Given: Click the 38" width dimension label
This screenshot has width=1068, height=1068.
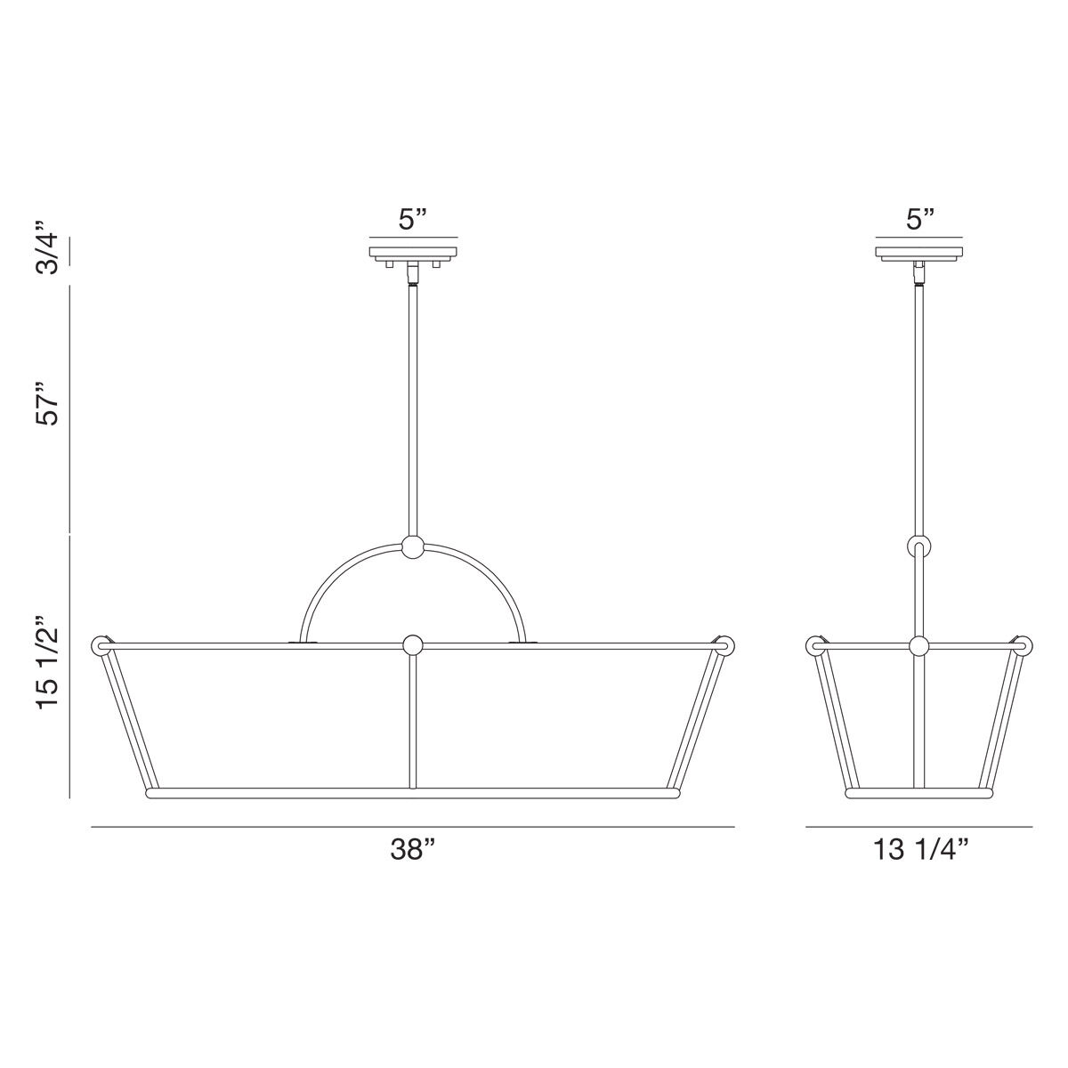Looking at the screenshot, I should point(411,851).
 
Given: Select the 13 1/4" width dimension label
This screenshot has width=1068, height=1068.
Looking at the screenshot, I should point(920,851).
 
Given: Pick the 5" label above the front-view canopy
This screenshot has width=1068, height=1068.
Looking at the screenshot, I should point(412,219).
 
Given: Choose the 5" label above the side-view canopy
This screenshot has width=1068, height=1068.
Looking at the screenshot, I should point(919,219).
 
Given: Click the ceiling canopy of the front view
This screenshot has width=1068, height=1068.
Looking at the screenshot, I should point(412,252).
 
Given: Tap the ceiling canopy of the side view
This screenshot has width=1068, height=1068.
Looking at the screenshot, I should point(919,252).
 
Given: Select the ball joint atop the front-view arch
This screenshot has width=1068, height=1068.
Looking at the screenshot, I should point(412,548).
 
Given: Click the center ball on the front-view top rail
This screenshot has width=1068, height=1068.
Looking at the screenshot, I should point(412,644).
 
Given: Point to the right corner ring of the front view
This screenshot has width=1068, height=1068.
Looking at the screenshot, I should point(723,644).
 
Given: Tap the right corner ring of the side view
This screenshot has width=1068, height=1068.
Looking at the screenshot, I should point(1023,644).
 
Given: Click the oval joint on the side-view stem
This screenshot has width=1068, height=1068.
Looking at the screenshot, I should point(919,546).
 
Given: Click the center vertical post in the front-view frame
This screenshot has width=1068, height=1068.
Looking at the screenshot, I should point(412,721).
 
